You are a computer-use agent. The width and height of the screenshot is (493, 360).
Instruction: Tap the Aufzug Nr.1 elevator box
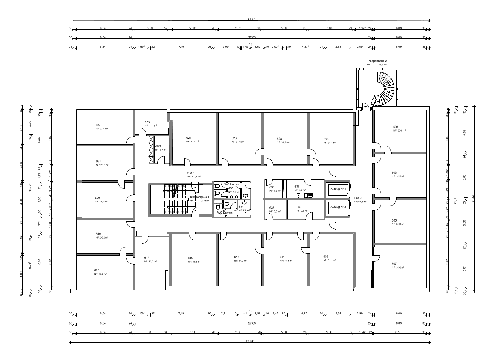click(338, 189)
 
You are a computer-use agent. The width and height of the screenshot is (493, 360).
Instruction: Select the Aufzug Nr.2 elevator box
click(338, 207)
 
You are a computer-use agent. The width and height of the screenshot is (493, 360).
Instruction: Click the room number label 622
click(98, 125)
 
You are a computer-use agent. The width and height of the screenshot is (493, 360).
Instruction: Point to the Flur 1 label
click(191, 173)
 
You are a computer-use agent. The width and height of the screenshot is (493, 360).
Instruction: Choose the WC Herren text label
click(232, 184)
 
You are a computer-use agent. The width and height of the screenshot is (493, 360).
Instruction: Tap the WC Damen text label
click(225, 213)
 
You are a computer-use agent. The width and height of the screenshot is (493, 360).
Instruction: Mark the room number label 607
click(394, 264)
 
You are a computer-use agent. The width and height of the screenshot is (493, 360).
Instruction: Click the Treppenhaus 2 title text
click(377, 61)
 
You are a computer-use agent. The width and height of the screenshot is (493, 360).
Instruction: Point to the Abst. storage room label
click(158, 146)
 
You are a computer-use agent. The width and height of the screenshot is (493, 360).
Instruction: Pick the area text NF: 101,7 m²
click(194, 177)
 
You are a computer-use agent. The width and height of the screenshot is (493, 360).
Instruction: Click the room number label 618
click(96, 270)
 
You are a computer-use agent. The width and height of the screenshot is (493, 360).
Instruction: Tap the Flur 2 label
click(357, 198)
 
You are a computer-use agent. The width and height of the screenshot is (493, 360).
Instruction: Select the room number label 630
click(326, 139)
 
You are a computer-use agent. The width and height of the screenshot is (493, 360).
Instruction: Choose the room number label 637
click(297, 187)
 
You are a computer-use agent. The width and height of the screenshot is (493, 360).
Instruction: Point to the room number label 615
click(190, 258)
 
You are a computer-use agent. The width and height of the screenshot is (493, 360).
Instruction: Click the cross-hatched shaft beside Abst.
click(151, 149)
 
